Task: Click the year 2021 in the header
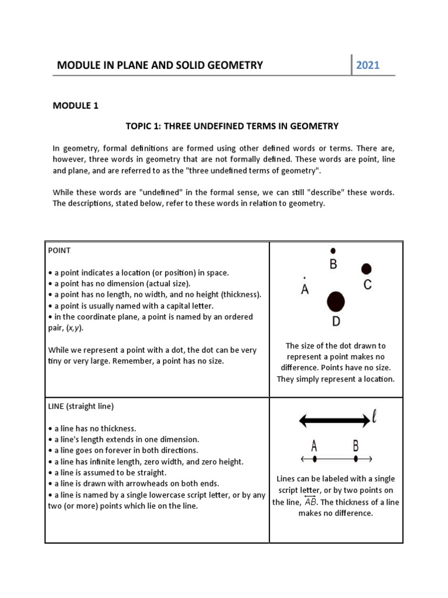click(x=367, y=65)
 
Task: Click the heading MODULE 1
click(x=76, y=106)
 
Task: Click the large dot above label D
click(x=335, y=302)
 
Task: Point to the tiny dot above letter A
click(x=304, y=277)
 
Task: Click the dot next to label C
click(x=366, y=269)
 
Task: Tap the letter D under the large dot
click(x=336, y=321)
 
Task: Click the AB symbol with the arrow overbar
click(x=310, y=502)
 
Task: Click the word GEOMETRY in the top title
click(x=233, y=65)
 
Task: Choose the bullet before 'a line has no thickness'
click(x=51, y=428)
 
